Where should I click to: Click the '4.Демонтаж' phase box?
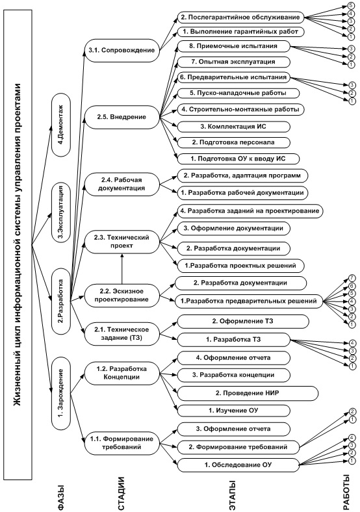61,125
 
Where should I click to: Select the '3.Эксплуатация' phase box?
61,213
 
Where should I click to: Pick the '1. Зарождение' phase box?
61,393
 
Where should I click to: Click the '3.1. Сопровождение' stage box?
122,50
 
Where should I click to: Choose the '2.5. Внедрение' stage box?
122,117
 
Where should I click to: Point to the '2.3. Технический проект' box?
122,242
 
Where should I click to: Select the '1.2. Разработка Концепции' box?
122,373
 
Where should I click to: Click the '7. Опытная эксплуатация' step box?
233,62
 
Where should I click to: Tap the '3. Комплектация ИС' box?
233,126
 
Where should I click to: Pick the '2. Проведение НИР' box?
248,393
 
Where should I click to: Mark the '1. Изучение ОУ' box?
233,411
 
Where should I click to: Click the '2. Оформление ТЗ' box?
243,322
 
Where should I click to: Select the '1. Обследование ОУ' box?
238,465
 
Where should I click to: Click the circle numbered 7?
352,278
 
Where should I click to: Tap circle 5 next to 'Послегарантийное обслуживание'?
351,6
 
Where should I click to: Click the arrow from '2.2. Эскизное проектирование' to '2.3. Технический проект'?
122,269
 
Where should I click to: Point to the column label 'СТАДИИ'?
122,493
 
